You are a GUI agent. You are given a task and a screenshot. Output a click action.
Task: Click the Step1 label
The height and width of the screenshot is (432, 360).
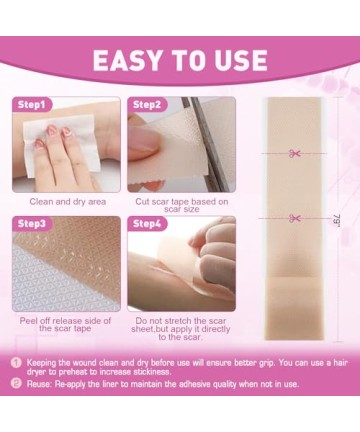point(31,105)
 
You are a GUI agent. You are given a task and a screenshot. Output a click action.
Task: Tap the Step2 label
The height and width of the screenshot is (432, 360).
point(147,105)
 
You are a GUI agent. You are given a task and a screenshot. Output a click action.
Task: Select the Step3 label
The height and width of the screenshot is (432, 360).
point(32,223)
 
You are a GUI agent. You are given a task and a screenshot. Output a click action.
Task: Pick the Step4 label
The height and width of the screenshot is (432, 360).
point(147,223)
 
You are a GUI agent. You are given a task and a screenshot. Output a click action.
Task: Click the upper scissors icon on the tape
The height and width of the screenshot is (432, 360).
point(294,153)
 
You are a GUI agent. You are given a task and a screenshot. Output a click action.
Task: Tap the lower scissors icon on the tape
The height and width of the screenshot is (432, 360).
point(294,218)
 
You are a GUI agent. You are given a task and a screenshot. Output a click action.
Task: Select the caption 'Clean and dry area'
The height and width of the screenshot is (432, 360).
point(68,202)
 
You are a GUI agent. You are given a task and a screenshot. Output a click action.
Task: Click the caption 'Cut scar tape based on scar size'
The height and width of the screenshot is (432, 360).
point(182,205)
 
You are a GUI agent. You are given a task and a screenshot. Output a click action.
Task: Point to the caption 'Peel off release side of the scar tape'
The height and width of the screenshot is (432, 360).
point(65,325)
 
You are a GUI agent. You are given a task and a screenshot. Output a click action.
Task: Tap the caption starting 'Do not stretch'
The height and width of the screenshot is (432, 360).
point(181,329)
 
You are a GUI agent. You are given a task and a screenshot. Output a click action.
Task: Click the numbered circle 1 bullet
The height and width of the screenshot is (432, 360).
point(16,363)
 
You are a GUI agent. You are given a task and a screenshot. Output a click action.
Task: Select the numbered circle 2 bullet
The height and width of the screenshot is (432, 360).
point(16,384)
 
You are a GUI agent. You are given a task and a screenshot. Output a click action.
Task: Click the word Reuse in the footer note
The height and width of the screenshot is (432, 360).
point(39,384)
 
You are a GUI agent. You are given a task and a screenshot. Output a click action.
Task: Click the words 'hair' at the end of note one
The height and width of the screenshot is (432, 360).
point(340,363)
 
